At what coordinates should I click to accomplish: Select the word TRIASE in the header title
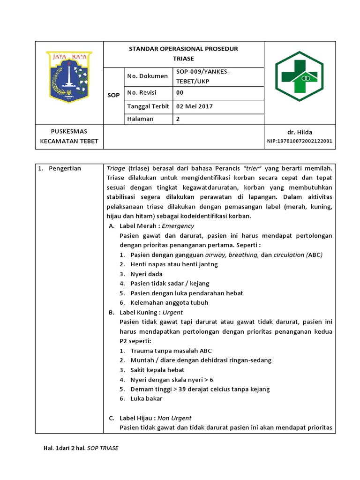pos(183,59)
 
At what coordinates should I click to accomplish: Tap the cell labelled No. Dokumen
pos(147,76)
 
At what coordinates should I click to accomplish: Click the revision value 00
pos(180,92)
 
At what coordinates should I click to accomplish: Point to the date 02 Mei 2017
pos(195,106)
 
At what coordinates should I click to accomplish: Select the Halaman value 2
pos(178,119)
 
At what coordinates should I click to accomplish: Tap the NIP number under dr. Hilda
pos(300,141)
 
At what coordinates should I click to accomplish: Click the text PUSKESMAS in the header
pos(69,131)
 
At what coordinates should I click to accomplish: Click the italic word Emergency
pos(178,226)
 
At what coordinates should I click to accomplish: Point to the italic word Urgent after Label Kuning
pos(172,312)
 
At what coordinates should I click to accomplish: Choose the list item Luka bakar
pos(146,398)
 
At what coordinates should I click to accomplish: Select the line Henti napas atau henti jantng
pos(174,264)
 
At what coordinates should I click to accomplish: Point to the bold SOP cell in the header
pos(113,95)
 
